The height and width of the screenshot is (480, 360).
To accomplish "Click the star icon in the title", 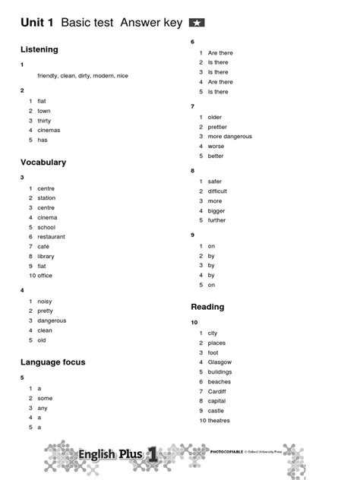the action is coord(196,24).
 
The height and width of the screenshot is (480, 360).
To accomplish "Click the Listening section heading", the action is coord(39,49).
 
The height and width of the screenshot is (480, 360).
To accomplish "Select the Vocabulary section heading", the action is coord(43,163).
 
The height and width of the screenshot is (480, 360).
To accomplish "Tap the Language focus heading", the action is coord(53,362).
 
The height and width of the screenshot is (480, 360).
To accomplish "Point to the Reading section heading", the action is coord(207,307).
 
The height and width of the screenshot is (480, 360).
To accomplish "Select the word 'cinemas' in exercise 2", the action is coord(49,130).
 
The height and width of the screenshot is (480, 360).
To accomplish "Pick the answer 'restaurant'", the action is coord(52,237).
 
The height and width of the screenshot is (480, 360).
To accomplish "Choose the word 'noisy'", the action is coord(45,301).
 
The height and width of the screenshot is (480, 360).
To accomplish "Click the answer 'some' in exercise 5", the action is coord(45,398).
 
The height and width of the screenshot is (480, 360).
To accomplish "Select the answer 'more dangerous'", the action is coord(229,137).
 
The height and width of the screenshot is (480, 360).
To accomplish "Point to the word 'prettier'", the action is coord(217,127).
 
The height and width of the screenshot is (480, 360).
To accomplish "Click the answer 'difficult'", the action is coord(217,191).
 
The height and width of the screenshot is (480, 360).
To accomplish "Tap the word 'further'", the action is coord(216,220).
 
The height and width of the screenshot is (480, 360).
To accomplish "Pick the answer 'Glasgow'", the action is coord(219,362).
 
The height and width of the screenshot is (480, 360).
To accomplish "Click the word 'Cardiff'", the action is coord(218,391).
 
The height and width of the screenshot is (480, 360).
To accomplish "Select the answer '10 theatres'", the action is coord(214,420).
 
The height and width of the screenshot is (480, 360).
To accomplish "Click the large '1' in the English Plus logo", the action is coord(153,453).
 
